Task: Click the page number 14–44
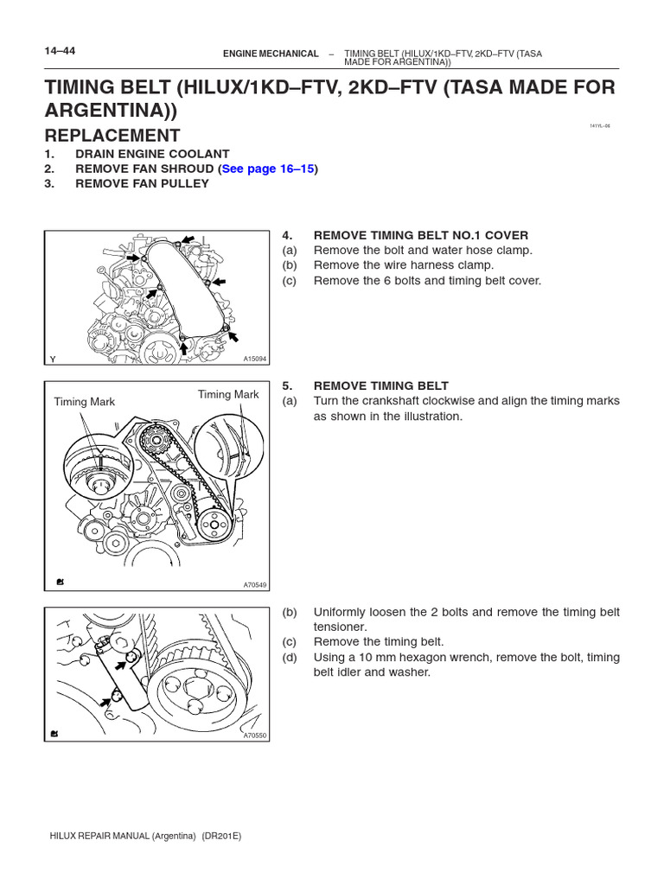[x=60, y=51]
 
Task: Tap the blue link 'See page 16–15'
[x=267, y=169]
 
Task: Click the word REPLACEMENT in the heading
[x=112, y=136]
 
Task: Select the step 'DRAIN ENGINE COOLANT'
[x=152, y=154]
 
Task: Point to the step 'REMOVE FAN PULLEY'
[x=142, y=183]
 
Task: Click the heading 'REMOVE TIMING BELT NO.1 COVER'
[x=420, y=235]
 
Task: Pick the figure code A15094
[x=254, y=359]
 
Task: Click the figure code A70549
[x=254, y=585]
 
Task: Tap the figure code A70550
[x=254, y=735]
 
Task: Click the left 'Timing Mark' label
[x=84, y=402]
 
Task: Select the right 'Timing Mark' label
[x=228, y=395]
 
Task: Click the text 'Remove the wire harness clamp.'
[x=404, y=265]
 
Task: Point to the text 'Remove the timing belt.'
[x=378, y=642]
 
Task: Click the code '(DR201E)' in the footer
[x=222, y=837]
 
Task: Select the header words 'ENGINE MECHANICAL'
[x=271, y=54]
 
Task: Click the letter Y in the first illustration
[x=52, y=359]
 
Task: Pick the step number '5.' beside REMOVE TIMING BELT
[x=288, y=386]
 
